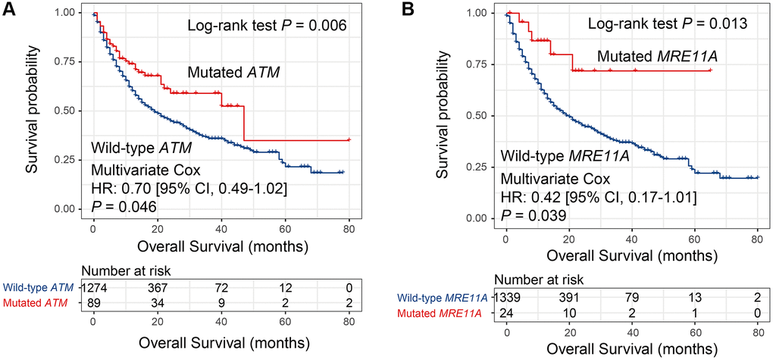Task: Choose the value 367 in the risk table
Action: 158,287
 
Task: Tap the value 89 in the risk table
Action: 94,302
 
